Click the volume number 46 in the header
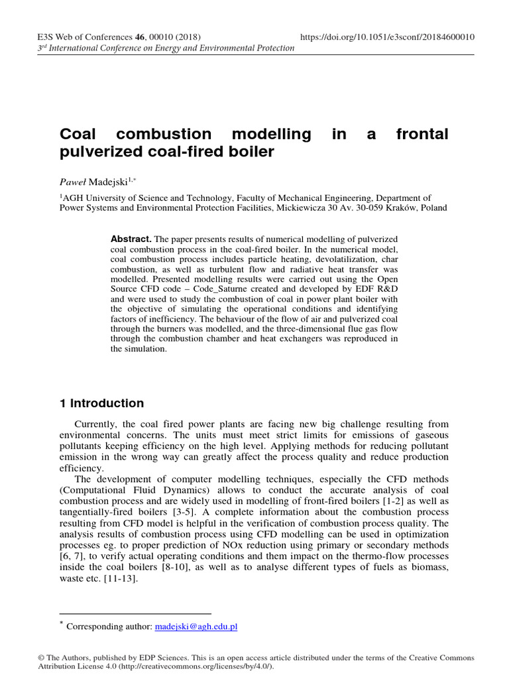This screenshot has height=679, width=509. [x=140, y=37]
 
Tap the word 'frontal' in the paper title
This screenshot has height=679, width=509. [x=422, y=135]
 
